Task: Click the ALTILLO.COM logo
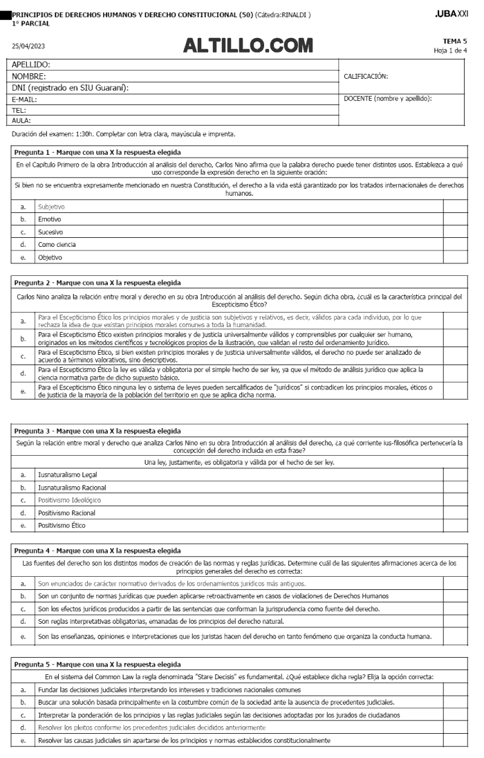[248, 46]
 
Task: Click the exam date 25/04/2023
[28, 46]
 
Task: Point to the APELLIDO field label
[31, 65]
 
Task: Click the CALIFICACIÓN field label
[366, 76]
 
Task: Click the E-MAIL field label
[24, 99]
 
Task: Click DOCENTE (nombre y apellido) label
[387, 99]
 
